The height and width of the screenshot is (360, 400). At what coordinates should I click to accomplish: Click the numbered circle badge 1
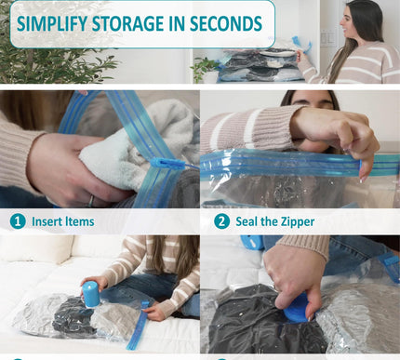pyautogui.click(x=17, y=221)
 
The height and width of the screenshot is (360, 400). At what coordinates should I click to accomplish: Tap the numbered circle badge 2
pyautogui.click(x=221, y=221)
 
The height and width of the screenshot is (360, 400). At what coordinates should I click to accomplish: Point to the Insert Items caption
pyautogui.click(x=62, y=221)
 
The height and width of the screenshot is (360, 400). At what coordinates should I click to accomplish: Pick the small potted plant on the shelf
pyautogui.click(x=202, y=67)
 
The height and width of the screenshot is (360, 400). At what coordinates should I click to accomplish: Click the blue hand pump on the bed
pyautogui.click(x=91, y=293)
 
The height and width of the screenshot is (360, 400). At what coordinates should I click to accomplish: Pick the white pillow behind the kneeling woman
pyautogui.click(x=37, y=249)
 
